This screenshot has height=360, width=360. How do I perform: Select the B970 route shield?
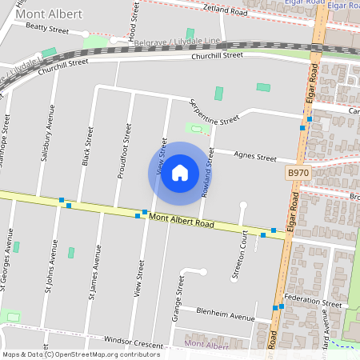point(298,173)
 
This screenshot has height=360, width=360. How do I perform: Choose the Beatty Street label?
point(47,27)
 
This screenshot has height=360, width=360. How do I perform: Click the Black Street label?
point(86,150)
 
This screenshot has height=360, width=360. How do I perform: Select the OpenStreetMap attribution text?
point(81,354)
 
